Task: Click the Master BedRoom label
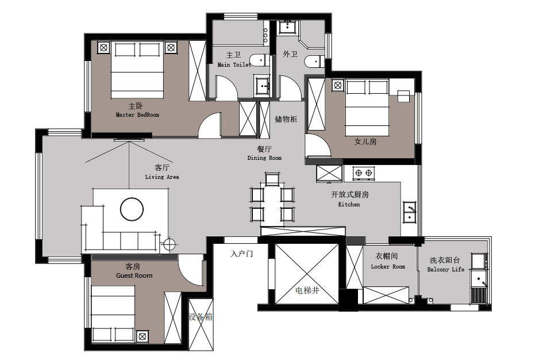pyautogui.click(x=137, y=114)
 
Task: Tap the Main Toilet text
pyautogui.click(x=234, y=64)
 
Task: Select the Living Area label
pyautogui.click(x=161, y=177)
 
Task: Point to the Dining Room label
pyautogui.click(x=264, y=158)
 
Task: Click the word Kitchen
pyautogui.click(x=349, y=204)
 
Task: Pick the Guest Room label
pyautogui.click(x=134, y=275)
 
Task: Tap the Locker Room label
pyautogui.click(x=388, y=266)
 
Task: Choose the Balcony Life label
pyautogui.click(x=446, y=269)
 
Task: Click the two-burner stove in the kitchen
pyautogui.click(x=364, y=173)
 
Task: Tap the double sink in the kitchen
pyautogui.click(x=410, y=212)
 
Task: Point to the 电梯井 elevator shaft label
pyautogui.click(x=307, y=290)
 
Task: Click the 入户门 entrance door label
pyautogui.click(x=242, y=254)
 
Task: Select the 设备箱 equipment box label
pyautogui.click(x=201, y=317)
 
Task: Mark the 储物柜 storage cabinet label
pyautogui.click(x=286, y=119)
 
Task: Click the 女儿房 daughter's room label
pyautogui.click(x=365, y=141)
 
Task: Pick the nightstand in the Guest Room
pyautogui.click(x=141, y=336)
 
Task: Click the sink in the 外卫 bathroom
pyautogui.click(x=287, y=26)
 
